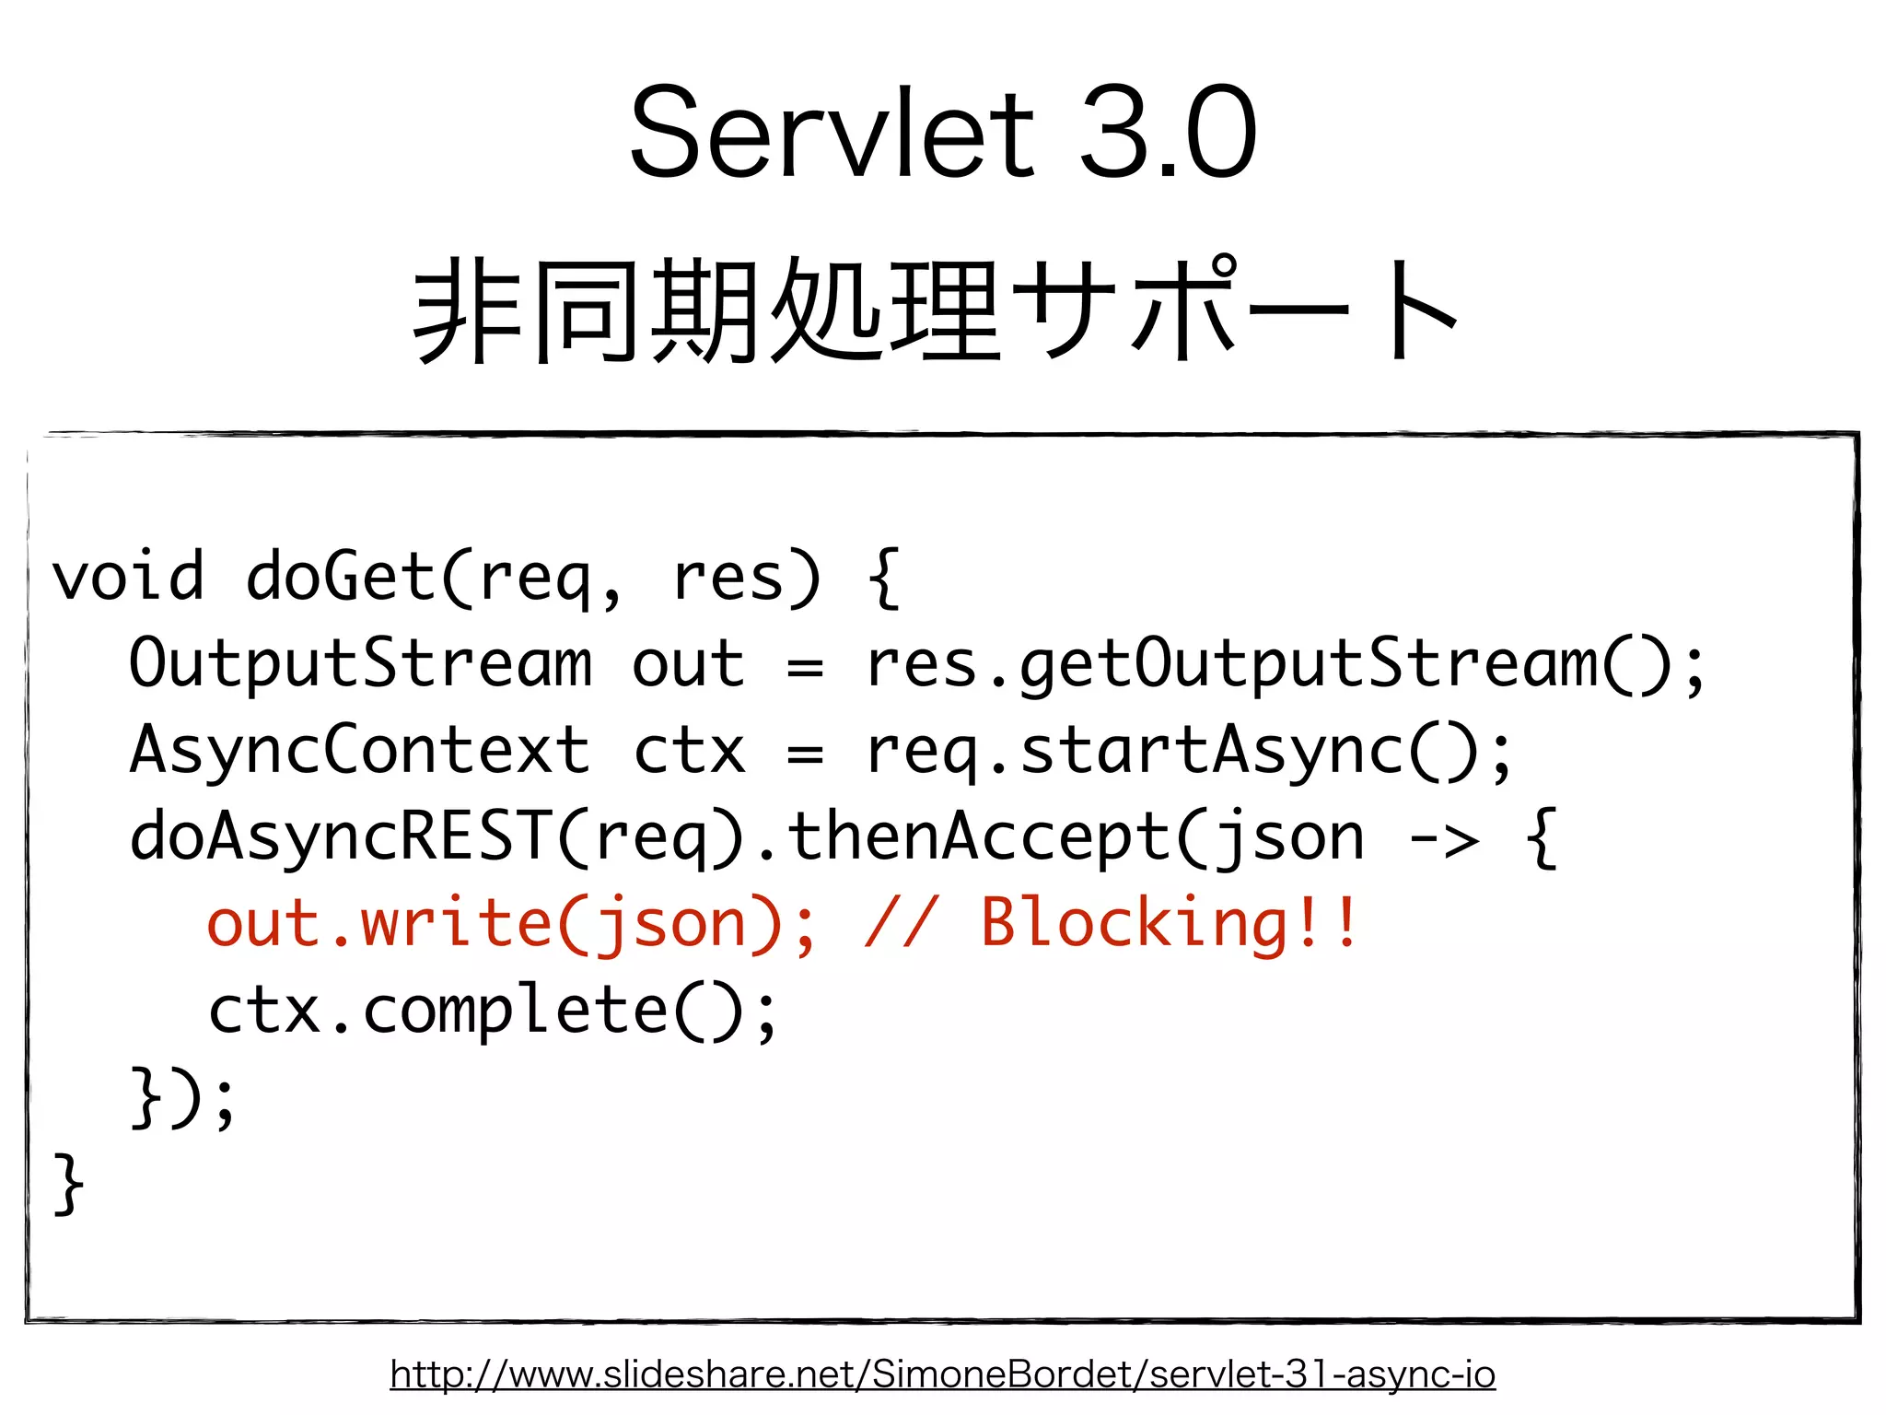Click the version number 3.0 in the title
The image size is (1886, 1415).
pyautogui.click(x=1167, y=134)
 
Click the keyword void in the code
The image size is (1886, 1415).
pyautogui.click(x=128, y=578)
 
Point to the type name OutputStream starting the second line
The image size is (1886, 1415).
pyautogui.click(x=360, y=663)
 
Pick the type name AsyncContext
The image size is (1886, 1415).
pyautogui.click(x=360, y=750)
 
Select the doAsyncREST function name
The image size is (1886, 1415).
pyautogui.click(x=341, y=837)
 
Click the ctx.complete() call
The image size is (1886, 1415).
pyautogui.click(x=493, y=1012)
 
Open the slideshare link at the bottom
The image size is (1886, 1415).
pyautogui.click(x=942, y=1374)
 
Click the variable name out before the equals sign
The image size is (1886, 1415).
pyautogui.click(x=688, y=663)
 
